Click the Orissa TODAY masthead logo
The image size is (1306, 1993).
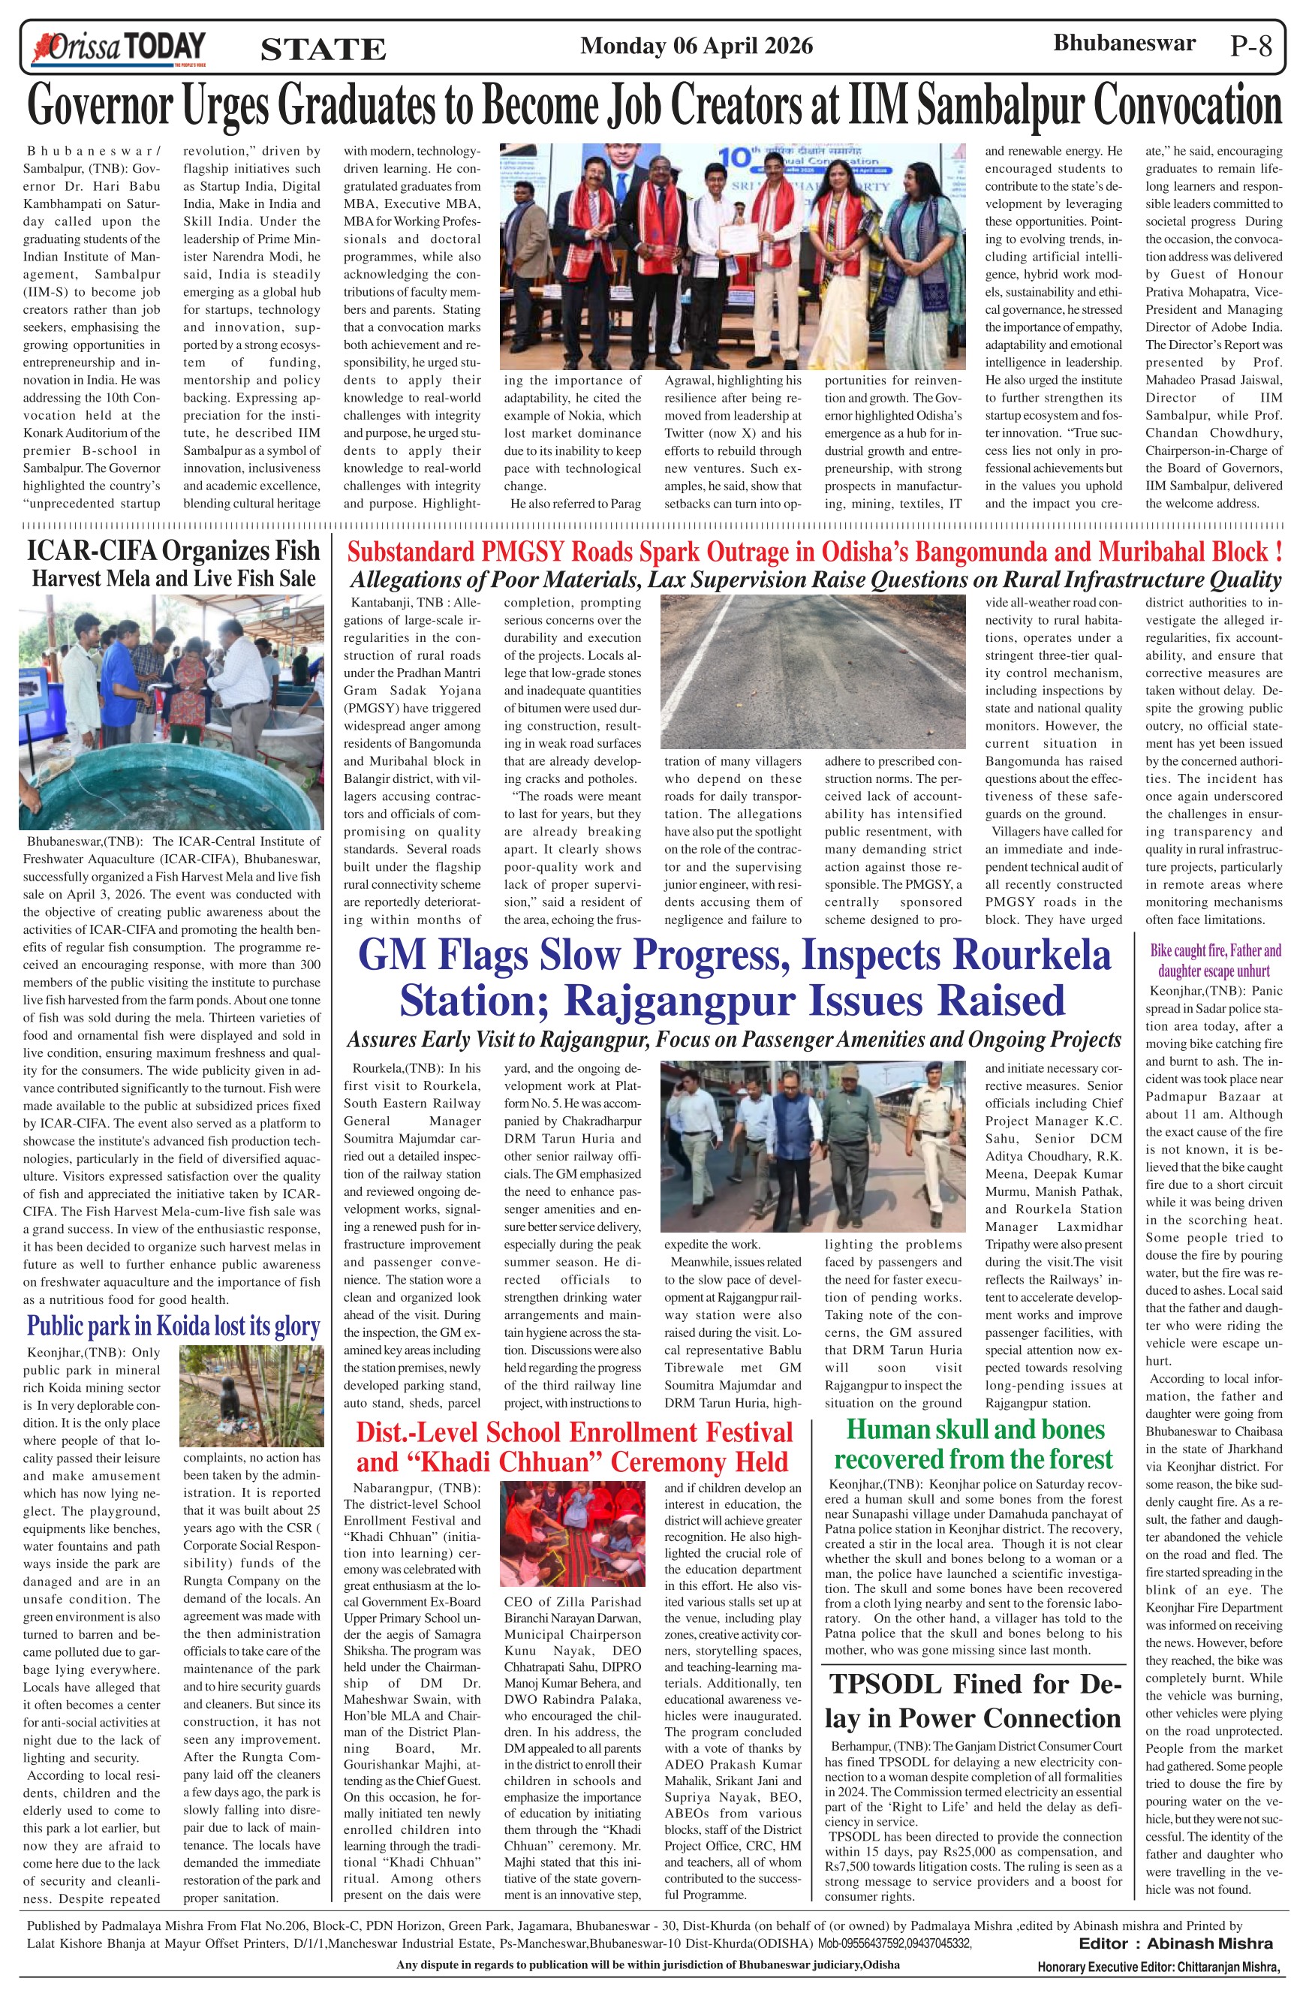coord(118,47)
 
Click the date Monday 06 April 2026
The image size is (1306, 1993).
coord(696,45)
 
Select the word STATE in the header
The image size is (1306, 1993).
coord(323,50)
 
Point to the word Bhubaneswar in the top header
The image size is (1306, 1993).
coord(1124,44)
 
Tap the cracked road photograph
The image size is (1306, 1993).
coord(813,672)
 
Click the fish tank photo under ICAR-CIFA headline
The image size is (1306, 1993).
coord(171,720)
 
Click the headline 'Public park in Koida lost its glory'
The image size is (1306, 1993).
coord(173,1326)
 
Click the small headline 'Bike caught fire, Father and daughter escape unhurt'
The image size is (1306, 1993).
coord(1214,961)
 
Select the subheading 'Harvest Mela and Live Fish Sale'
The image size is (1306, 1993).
coord(173,579)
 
